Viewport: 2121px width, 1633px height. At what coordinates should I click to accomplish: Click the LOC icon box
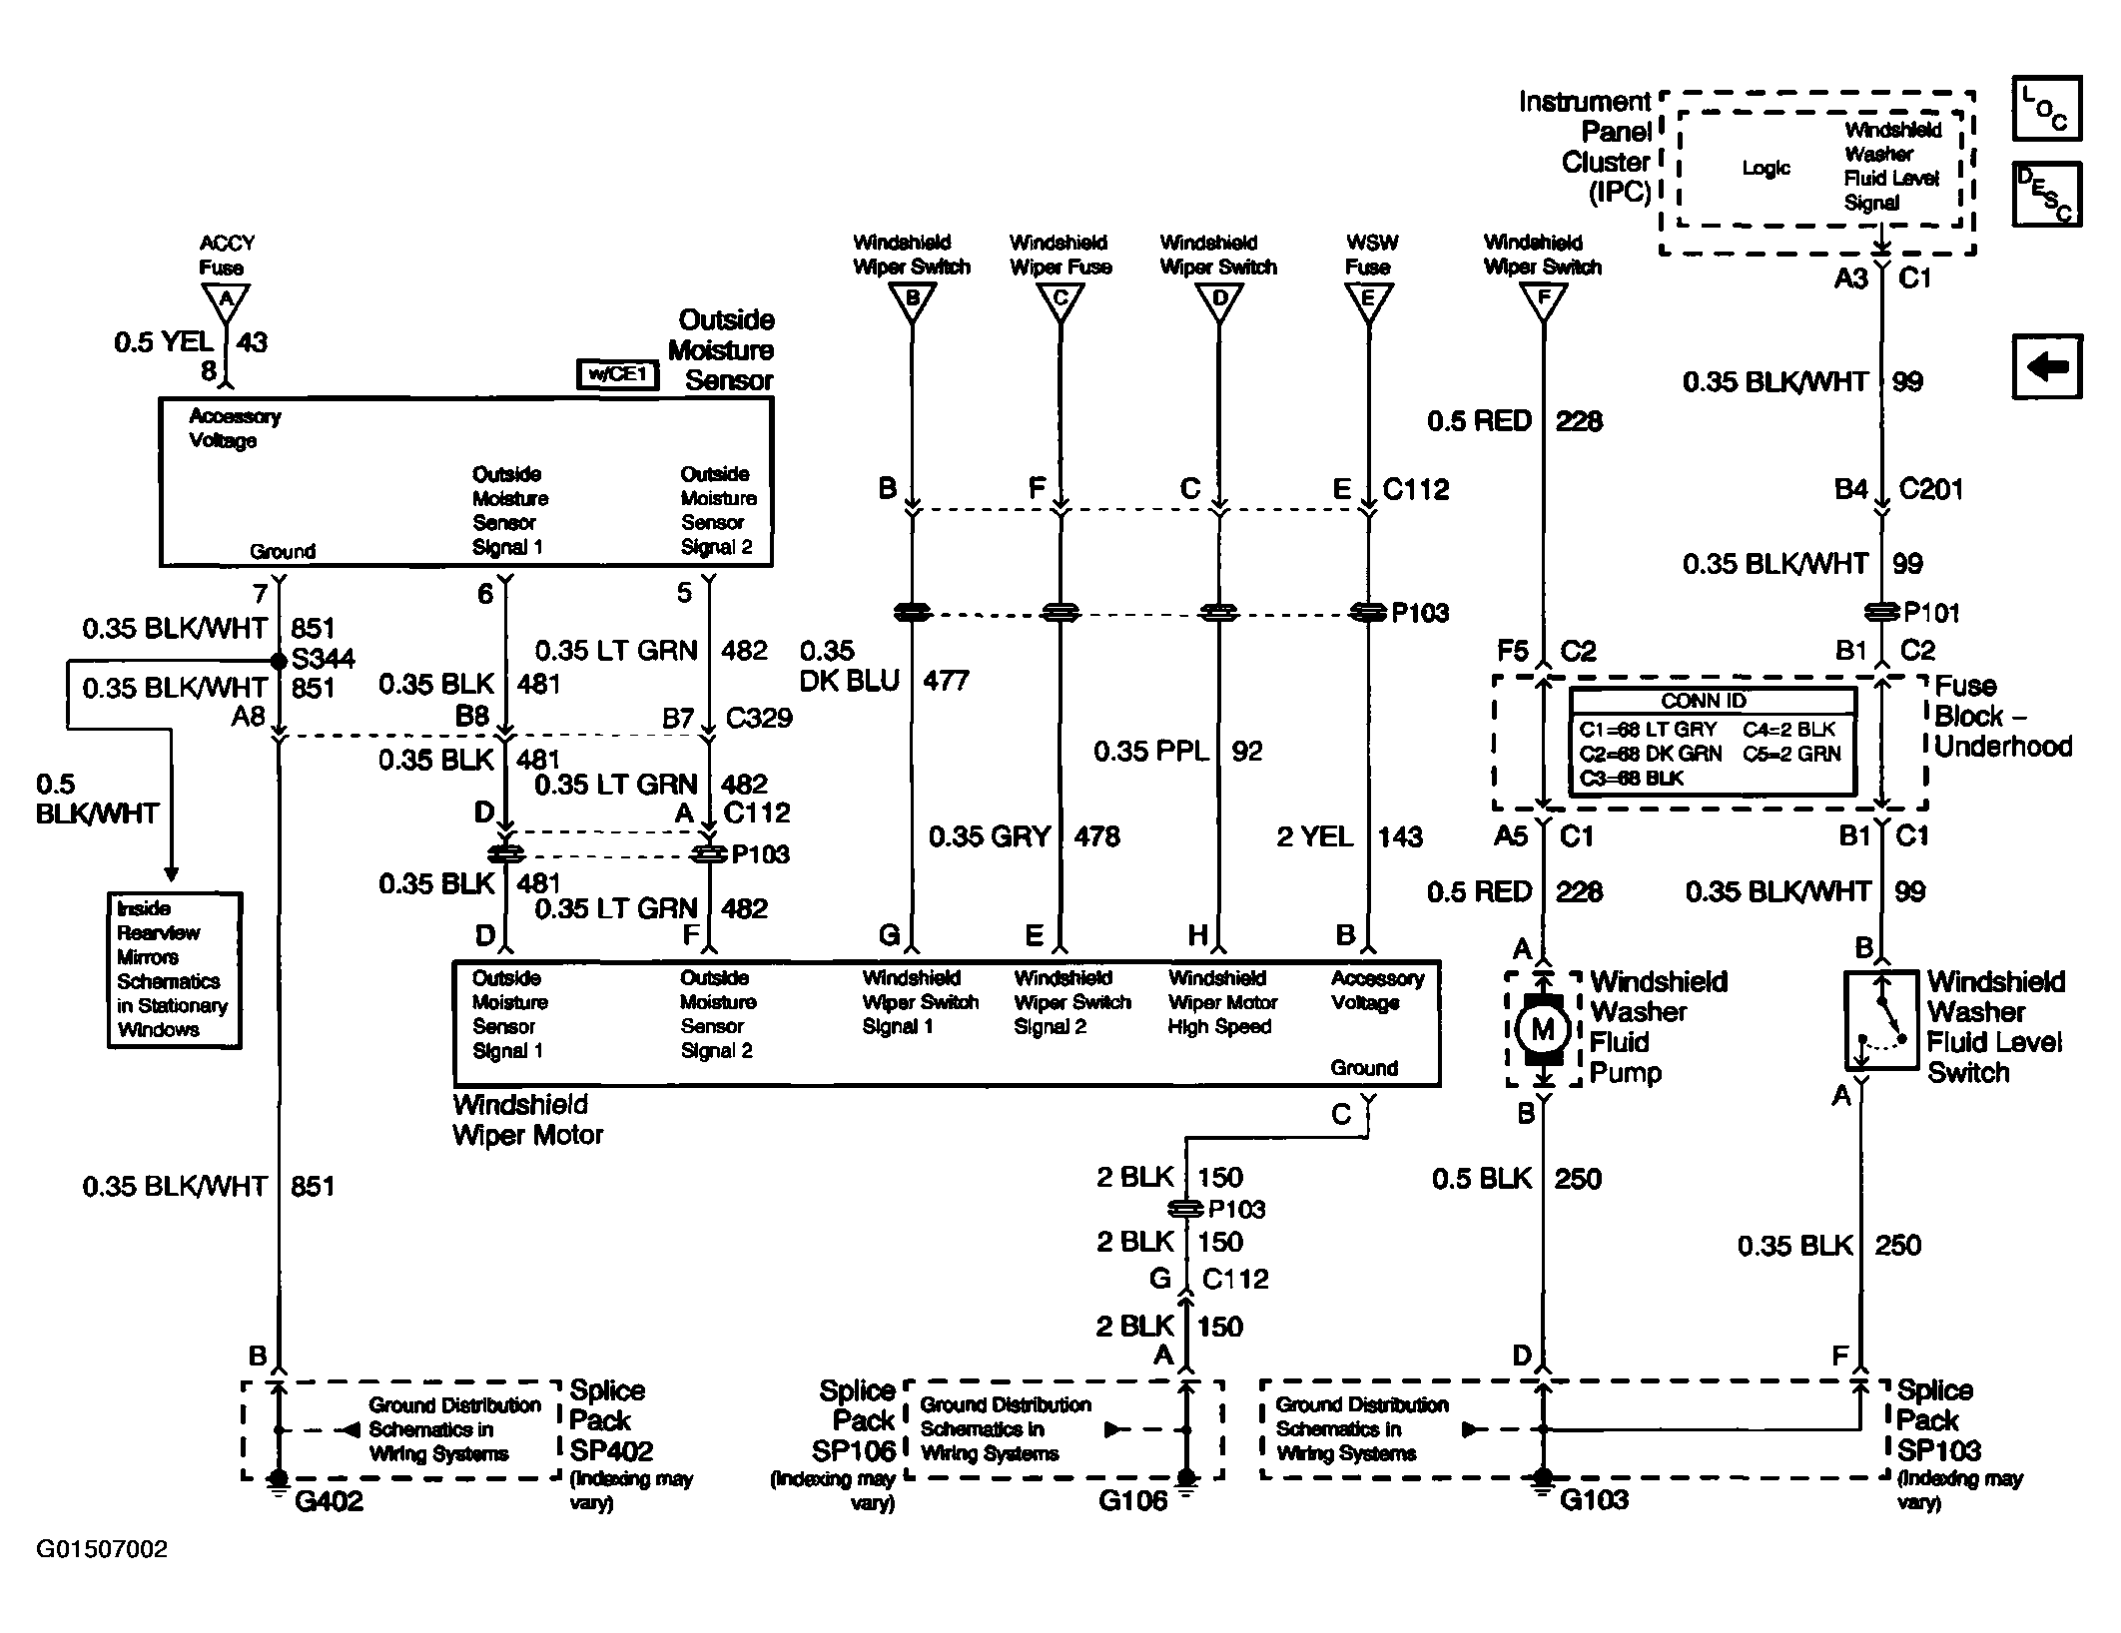pyautogui.click(x=2047, y=108)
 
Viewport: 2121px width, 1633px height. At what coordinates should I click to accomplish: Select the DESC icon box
pyautogui.click(x=2047, y=194)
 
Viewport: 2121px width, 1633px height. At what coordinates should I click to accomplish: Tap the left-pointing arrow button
pyautogui.click(x=2047, y=366)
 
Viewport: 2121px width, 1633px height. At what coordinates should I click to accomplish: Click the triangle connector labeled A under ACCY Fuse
pyautogui.click(x=227, y=300)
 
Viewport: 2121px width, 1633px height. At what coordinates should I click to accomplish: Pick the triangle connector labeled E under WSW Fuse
pyautogui.click(x=1368, y=300)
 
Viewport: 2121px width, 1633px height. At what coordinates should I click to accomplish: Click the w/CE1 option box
pyautogui.click(x=618, y=374)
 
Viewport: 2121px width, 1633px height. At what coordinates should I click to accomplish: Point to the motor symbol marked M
pyautogui.click(x=1543, y=1029)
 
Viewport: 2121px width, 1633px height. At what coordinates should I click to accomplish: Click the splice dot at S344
pyautogui.click(x=279, y=661)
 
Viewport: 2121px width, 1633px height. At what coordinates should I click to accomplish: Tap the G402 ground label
pyautogui.click(x=329, y=1501)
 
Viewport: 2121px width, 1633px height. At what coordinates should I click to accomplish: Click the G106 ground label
pyautogui.click(x=1132, y=1501)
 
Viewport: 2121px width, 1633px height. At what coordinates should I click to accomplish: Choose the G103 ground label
pyautogui.click(x=1593, y=1500)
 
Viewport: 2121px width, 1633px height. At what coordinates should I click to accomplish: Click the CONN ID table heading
pyautogui.click(x=1704, y=701)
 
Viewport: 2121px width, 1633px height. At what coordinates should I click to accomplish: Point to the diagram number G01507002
pyautogui.click(x=102, y=1549)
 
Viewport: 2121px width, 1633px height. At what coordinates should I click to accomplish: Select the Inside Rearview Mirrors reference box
pyautogui.click(x=175, y=970)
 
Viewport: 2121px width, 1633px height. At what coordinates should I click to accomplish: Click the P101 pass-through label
pyautogui.click(x=1931, y=613)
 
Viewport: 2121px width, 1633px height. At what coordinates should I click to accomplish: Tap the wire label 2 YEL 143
pyautogui.click(x=1349, y=836)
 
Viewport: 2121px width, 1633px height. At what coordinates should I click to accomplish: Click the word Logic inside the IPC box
pyautogui.click(x=1767, y=169)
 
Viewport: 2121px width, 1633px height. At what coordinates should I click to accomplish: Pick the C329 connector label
pyautogui.click(x=759, y=718)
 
